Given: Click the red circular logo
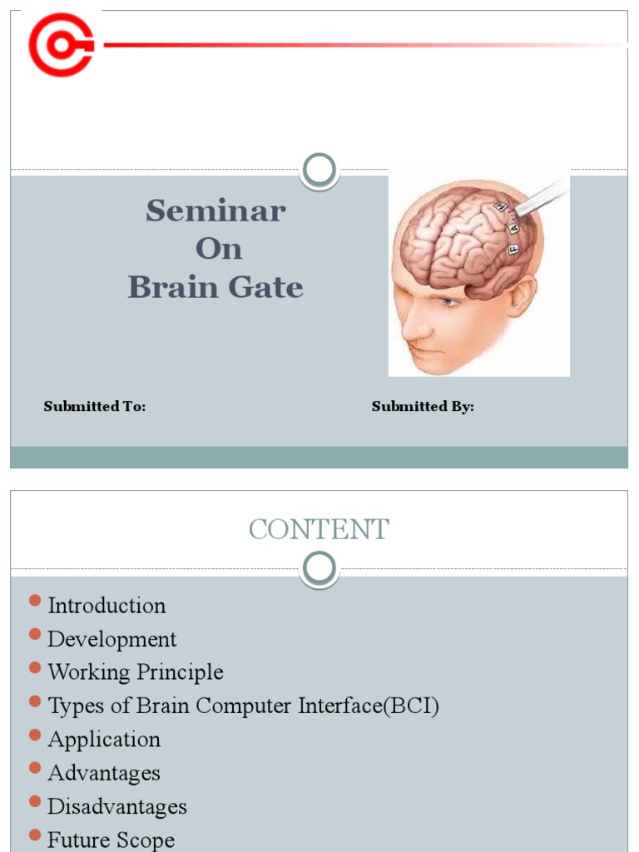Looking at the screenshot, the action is [x=60, y=45].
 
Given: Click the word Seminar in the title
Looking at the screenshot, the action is [x=215, y=211].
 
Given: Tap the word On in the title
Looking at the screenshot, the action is [x=218, y=249].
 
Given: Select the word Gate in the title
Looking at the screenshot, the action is [x=266, y=288].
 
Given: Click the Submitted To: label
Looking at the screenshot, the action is [x=95, y=407].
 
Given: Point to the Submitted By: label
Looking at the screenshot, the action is [x=423, y=407].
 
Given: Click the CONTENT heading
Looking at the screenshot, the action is [x=319, y=530].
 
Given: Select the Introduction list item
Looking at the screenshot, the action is [x=106, y=606].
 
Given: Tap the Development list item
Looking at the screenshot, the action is [x=111, y=639].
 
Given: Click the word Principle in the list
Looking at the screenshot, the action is [x=181, y=672].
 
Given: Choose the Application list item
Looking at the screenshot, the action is [x=104, y=740].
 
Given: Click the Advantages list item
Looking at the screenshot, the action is [x=103, y=773].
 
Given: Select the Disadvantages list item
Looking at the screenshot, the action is [x=116, y=806].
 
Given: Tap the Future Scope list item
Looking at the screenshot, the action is [x=111, y=840].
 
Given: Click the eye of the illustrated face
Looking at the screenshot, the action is [x=449, y=303].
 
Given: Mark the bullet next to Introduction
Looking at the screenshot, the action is [x=34, y=601].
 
